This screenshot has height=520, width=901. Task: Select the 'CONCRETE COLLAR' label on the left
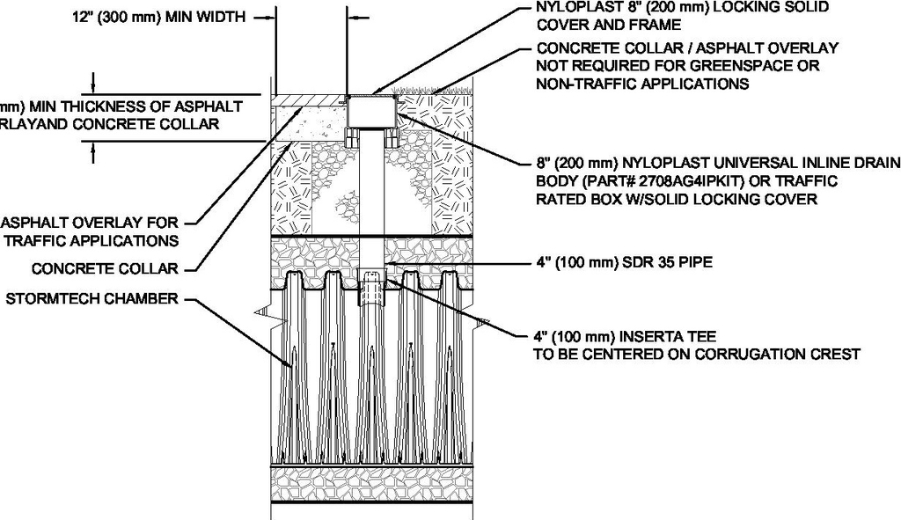(x=105, y=268)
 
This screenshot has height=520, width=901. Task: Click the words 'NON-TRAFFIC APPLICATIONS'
(x=641, y=84)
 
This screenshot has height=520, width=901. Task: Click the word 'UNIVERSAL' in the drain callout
(x=730, y=162)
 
